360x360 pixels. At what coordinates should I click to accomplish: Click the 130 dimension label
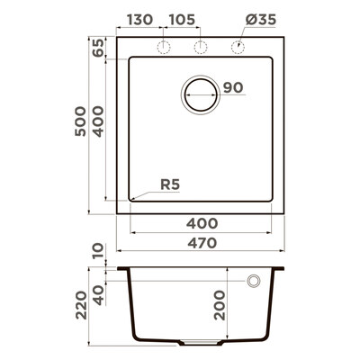pos(139,20)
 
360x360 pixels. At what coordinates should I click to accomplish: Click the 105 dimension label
pos(182,20)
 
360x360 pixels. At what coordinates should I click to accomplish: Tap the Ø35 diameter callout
pos(261,20)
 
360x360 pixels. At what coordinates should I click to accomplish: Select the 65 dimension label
pos(98,48)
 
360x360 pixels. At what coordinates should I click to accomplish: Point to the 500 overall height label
pos(80,121)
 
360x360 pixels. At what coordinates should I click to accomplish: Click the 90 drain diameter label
pos(233,87)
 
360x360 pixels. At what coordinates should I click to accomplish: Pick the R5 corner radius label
pos(170,184)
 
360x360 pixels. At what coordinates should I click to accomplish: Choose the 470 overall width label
pos(202,243)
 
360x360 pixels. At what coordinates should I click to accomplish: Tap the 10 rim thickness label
pos(98,251)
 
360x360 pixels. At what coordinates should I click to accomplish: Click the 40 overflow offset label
pos(98,295)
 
